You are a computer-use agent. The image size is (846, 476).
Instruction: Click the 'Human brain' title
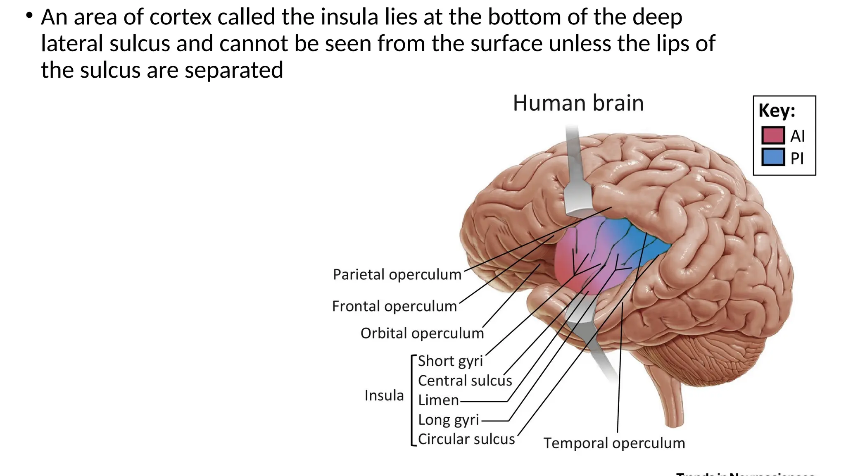[x=578, y=103]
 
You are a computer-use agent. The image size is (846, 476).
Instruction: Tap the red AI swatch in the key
[x=773, y=135]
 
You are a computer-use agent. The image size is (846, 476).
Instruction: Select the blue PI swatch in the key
[x=773, y=157]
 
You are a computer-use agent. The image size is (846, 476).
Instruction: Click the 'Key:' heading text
[x=777, y=111]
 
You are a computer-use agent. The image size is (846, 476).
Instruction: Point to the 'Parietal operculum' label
[x=397, y=274]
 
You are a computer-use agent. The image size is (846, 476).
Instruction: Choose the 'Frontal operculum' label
[x=394, y=306]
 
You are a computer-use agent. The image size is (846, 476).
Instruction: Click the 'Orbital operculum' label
[x=422, y=333]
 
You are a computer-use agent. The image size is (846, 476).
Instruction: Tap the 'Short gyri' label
[x=450, y=361]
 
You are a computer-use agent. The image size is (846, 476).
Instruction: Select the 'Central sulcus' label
[x=465, y=381]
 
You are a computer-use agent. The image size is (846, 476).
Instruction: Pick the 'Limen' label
[x=438, y=400]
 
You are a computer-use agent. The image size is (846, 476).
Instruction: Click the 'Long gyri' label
[x=448, y=420]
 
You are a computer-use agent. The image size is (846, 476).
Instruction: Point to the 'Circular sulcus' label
[x=466, y=439]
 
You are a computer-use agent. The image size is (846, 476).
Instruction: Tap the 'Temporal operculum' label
[x=614, y=443]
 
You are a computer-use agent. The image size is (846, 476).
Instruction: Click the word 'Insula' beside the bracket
[x=384, y=395]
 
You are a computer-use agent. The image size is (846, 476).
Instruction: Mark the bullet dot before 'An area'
[x=29, y=16]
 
